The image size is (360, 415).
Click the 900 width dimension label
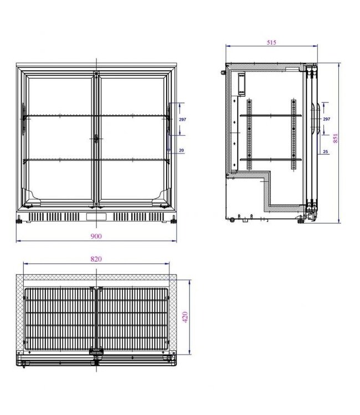(96, 236)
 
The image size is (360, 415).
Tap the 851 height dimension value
(335, 138)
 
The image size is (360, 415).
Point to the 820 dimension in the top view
(96, 259)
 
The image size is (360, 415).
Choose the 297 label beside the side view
(326, 119)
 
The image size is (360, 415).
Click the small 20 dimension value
(182, 151)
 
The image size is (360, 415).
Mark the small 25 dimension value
(326, 151)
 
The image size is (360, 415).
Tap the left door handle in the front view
(23, 118)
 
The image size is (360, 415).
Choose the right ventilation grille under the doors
(138, 215)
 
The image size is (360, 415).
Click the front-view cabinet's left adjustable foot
(20, 220)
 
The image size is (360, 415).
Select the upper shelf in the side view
(271, 116)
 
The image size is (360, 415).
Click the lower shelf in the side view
(271, 160)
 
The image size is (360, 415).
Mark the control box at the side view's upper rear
(241, 84)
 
